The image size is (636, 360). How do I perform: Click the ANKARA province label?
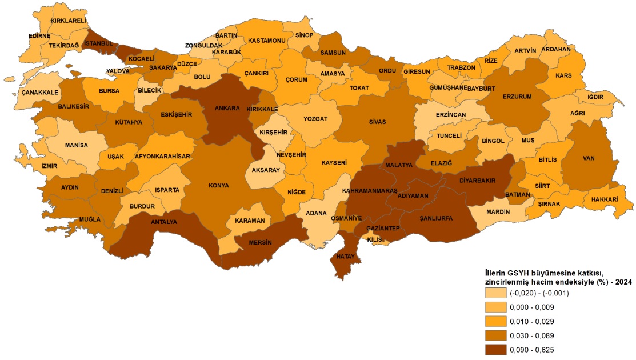(227, 108)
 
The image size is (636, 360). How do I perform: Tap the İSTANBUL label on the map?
(98, 43)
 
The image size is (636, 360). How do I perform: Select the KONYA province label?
(219, 186)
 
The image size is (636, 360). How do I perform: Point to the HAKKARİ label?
(605, 199)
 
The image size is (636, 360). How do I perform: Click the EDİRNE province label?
(39, 35)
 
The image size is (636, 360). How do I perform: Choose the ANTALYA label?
(163, 222)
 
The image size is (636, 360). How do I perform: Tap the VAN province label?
(589, 158)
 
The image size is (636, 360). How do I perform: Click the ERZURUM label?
(517, 96)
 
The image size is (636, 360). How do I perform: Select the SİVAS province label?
(377, 122)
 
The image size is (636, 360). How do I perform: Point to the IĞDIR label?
(595, 97)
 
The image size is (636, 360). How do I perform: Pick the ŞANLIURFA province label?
(436, 218)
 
